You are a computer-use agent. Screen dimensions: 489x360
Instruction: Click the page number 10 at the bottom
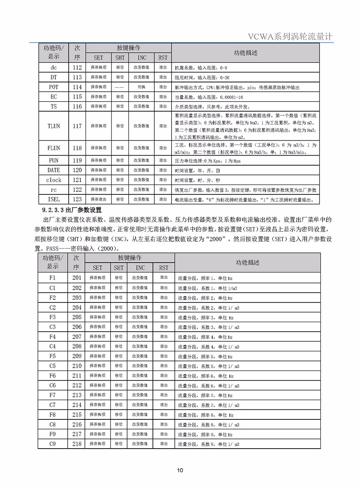point(180,470)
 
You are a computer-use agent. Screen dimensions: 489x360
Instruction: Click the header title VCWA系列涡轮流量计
point(290,36)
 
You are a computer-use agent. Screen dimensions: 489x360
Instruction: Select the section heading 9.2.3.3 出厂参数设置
point(72,209)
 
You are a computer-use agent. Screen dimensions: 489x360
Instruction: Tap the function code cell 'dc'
point(54,68)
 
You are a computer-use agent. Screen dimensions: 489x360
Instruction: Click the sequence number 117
point(77,126)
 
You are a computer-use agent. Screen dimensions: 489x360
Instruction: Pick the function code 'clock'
point(54,180)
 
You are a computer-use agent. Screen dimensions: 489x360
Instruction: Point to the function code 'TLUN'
point(54,126)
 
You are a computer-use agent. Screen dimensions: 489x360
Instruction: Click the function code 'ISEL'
point(54,199)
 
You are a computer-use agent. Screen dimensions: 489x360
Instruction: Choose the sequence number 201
point(77,278)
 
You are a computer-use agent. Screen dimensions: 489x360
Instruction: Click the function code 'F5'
point(53,356)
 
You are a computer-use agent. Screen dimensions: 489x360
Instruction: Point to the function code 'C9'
point(53,444)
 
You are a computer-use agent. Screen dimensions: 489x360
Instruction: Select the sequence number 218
point(77,444)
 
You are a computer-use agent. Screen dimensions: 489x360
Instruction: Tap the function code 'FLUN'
point(54,148)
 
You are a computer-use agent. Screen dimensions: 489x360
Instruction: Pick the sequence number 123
point(77,199)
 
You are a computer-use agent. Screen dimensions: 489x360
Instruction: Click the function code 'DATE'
point(54,170)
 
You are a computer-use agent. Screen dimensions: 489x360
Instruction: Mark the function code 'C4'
point(53,346)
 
